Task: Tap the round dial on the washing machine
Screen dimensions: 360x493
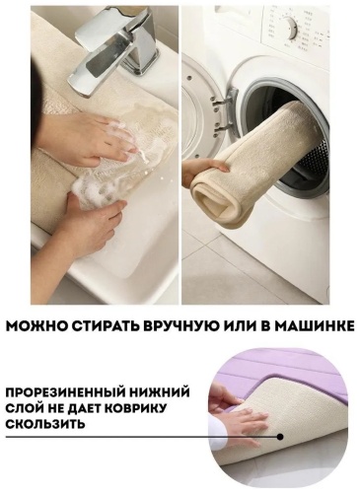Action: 291,28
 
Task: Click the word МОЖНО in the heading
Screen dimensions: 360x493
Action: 36,326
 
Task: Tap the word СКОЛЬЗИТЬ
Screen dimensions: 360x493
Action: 46,424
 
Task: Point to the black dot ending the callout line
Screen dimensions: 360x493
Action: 280,437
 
